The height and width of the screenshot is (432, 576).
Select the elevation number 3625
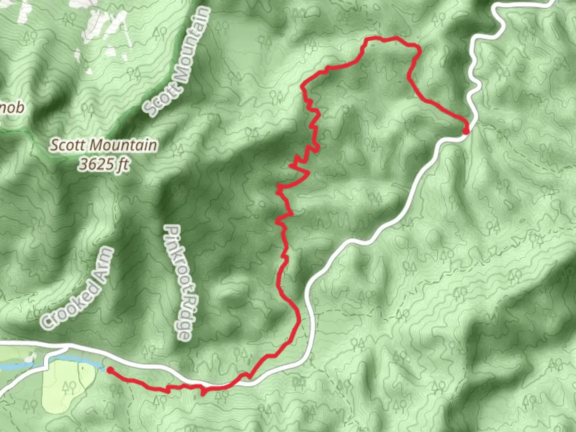[x=95, y=164]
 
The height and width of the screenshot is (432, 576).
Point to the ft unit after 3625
[x=122, y=164]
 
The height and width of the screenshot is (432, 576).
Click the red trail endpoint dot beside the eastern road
[x=466, y=131]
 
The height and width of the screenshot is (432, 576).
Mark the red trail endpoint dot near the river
[x=109, y=370]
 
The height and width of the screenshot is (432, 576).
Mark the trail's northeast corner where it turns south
[x=418, y=48]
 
